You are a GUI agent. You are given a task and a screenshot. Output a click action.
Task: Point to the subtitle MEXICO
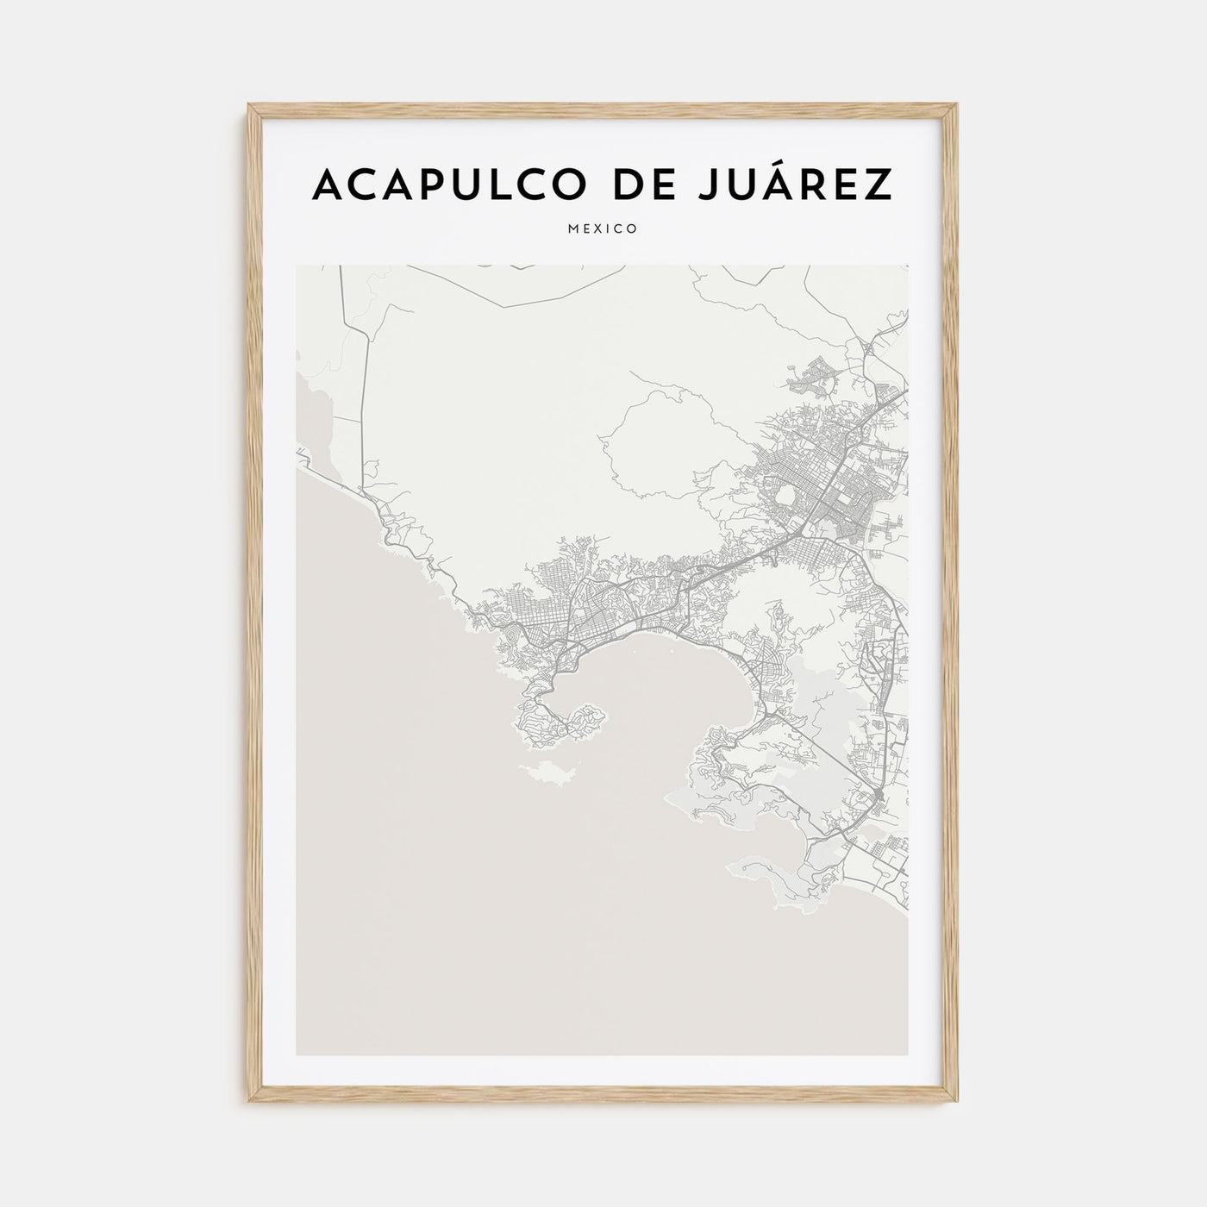pos(603,229)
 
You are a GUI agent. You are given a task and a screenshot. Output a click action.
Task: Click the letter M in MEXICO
pos(574,229)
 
